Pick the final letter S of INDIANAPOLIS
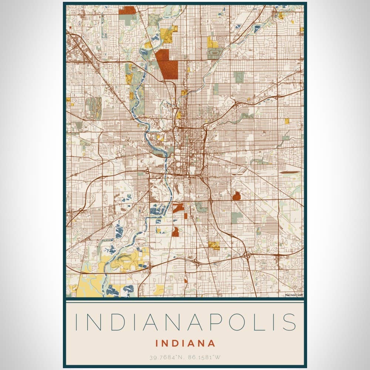290,322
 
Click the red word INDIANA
185,343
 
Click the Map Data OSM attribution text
294,295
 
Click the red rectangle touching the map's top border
127,10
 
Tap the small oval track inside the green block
213,53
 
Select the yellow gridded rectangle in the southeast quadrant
214,245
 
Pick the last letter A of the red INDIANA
212,343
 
